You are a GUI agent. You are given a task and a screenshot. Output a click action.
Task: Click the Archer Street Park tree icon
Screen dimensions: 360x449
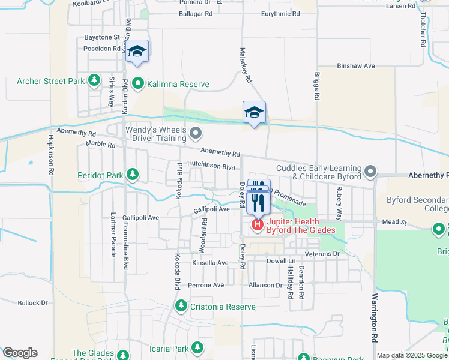click(94, 79)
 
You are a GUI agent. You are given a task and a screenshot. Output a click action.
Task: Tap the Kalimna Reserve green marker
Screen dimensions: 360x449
click(137, 83)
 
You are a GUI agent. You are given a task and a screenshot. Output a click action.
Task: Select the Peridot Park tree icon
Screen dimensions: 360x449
click(132, 175)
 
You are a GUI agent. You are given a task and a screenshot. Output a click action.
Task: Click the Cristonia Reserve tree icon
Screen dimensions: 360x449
click(181, 307)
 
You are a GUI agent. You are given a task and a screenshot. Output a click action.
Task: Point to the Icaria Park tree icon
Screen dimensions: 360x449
click(197, 347)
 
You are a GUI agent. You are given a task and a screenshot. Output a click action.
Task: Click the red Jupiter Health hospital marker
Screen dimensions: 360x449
click(257, 225)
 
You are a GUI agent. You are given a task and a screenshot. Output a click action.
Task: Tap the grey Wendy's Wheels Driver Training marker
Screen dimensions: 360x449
click(194, 132)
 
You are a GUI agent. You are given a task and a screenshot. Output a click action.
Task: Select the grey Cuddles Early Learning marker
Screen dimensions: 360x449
click(371, 172)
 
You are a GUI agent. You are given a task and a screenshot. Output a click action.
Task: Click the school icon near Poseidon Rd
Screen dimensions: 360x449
click(137, 52)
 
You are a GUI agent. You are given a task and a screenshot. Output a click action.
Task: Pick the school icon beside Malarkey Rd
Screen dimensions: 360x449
click(254, 112)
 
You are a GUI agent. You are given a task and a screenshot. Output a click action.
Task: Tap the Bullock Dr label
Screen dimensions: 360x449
click(32, 303)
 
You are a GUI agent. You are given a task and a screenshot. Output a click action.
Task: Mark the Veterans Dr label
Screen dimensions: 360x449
click(324, 254)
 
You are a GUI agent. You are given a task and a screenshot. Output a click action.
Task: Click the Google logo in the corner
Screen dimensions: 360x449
click(20, 353)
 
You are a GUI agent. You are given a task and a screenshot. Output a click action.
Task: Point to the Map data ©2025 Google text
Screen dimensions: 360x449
click(411, 355)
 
